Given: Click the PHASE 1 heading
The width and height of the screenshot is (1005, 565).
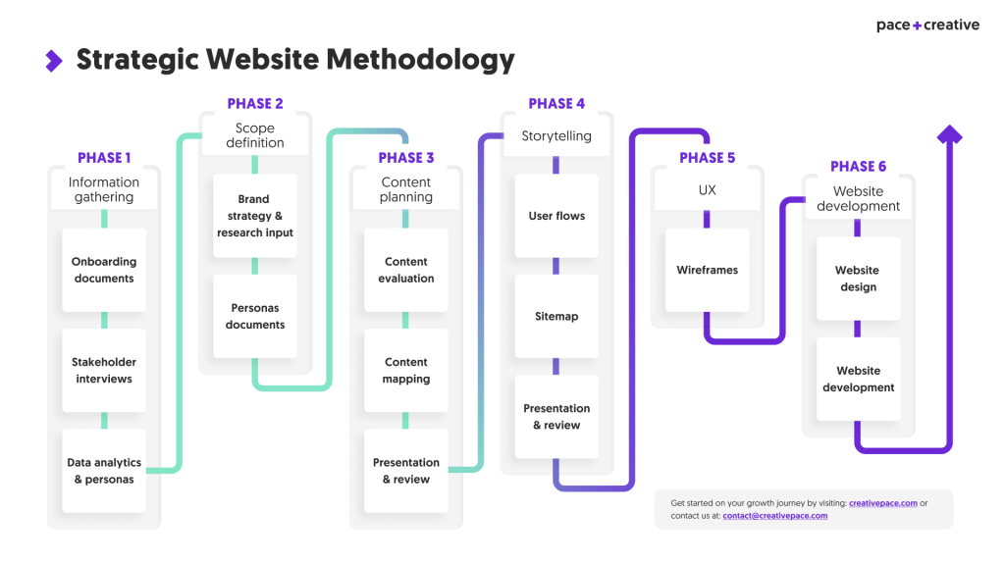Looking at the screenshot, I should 104,158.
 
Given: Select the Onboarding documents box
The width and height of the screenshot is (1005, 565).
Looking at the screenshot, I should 104,270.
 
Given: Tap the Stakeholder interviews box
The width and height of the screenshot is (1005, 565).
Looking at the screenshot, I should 104,370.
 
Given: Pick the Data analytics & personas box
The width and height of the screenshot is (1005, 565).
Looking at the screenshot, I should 104,470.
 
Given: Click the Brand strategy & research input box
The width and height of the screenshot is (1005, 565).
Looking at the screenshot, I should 255,216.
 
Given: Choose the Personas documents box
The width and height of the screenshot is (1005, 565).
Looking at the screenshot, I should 255,316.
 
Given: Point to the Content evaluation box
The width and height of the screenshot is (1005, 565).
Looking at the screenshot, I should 406,270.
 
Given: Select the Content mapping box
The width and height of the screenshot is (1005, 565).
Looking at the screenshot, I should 406,370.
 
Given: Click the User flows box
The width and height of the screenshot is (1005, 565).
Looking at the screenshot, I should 556,216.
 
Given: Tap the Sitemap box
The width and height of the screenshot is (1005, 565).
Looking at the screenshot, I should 556,316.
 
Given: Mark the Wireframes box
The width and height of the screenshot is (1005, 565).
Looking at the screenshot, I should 707,270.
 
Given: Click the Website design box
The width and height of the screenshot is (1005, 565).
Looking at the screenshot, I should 858,279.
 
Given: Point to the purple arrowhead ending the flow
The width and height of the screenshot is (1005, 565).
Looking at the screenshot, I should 949,135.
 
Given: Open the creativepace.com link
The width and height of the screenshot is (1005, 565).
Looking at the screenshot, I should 883,503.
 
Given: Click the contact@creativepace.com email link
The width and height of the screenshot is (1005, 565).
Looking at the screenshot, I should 774,516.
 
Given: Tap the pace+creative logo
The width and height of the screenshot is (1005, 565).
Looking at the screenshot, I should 927,26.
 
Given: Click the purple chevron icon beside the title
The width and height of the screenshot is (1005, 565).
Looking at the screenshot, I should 54,61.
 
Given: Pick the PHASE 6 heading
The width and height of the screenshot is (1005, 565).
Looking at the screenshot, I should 858,167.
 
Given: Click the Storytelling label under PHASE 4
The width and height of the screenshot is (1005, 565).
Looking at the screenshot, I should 556,136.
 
